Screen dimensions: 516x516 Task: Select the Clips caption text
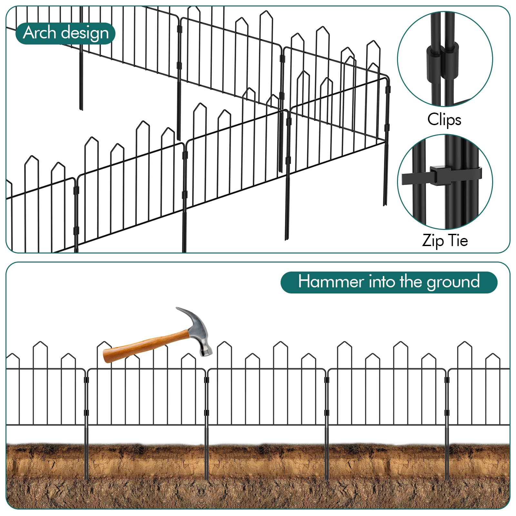(444, 120)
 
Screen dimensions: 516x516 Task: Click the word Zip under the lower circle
(432, 241)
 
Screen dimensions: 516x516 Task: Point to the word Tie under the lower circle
(458, 241)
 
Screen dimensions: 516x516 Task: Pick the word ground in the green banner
(453, 283)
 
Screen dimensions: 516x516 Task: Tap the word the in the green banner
(411, 282)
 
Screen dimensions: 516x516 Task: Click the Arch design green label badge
(65, 33)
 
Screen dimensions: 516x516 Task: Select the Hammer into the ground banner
(389, 282)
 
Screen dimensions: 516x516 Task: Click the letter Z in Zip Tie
(427, 241)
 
